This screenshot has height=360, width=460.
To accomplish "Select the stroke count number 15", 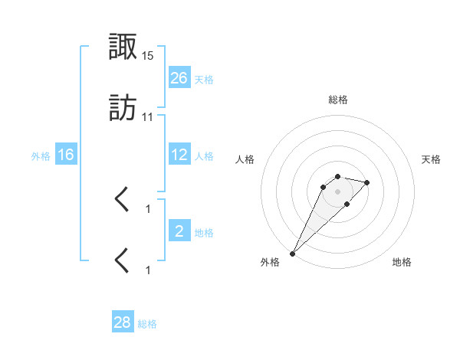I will pyautogui.click(x=148, y=57).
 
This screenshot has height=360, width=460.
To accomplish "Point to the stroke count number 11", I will pyautogui.click(x=148, y=116).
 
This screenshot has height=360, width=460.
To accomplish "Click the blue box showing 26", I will pyautogui.click(x=179, y=78).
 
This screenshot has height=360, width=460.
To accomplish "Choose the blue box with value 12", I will pyautogui.click(x=179, y=155).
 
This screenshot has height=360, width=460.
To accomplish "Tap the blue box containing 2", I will pyautogui.click(x=179, y=231).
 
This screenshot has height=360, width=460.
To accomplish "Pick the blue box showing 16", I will pyautogui.click(x=66, y=155).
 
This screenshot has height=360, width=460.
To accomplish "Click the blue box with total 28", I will pyautogui.click(x=123, y=322).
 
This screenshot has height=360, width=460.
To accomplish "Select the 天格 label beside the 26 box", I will pyautogui.click(x=204, y=79).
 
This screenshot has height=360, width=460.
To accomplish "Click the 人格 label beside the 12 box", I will pyautogui.click(x=204, y=155).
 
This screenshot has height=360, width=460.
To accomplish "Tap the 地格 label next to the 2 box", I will pyautogui.click(x=204, y=232).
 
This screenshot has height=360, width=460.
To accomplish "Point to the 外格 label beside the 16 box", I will pyautogui.click(x=41, y=155).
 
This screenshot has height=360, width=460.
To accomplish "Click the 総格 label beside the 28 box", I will pyautogui.click(x=147, y=323).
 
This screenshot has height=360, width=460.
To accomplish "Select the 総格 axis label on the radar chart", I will pyautogui.click(x=337, y=100).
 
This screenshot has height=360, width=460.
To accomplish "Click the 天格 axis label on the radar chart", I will pyautogui.click(x=432, y=159).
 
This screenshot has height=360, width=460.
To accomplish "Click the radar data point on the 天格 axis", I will pyautogui.click(x=367, y=182).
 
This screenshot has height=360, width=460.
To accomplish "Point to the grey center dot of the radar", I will pyautogui.click(x=337, y=191).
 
